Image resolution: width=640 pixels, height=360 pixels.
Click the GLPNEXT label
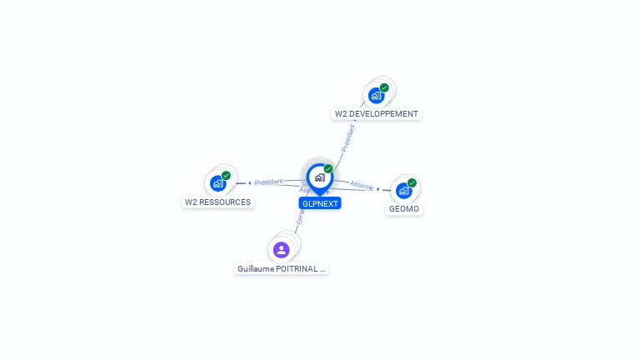click(320, 203)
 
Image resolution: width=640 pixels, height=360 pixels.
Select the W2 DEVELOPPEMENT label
click(377, 113)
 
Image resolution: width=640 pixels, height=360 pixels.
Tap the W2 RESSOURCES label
click(217, 202)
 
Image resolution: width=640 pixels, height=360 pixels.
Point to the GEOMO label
click(404, 208)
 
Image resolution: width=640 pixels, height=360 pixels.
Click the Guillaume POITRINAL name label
click(281, 268)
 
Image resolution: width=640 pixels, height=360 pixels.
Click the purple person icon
click(281, 249)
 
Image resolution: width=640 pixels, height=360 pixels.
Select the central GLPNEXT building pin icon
click(319, 177)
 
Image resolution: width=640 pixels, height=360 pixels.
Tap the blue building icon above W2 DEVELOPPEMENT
click(376, 96)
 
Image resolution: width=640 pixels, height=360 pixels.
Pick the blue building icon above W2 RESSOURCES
click(217, 183)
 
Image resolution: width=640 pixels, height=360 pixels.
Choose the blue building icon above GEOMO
click(403, 190)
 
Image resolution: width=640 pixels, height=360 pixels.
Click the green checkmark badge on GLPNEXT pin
click(328, 168)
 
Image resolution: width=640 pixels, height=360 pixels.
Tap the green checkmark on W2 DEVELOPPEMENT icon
click(384, 87)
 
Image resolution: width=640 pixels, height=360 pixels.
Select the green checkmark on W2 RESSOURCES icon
click(226, 175)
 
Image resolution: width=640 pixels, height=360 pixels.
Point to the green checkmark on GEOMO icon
click(412, 182)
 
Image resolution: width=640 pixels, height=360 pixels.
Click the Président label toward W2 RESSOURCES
click(269, 181)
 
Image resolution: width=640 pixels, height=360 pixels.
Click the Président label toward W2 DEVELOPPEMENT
click(347, 137)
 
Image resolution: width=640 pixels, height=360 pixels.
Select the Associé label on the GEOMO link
click(362, 185)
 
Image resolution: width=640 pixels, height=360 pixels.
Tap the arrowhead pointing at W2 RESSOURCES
click(249, 182)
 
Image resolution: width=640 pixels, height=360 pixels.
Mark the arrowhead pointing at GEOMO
click(378, 189)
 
